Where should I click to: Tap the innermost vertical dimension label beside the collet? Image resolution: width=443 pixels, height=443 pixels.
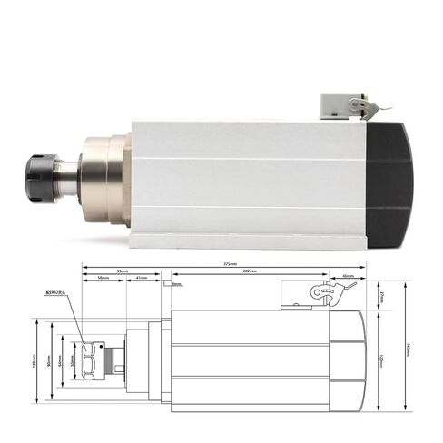point(73,358)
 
